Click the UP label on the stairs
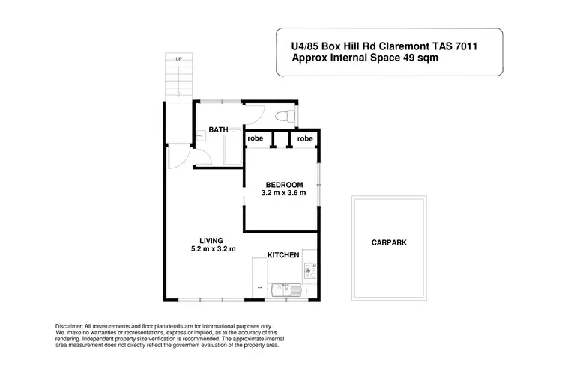(x=178, y=58)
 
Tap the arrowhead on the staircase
(x=178, y=94)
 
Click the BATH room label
(x=218, y=130)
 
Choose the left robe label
(x=256, y=139)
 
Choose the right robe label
(x=305, y=139)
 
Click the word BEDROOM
(x=284, y=185)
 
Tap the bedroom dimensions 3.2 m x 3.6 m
(x=284, y=194)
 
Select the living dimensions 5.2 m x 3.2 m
(x=214, y=249)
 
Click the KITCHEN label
(x=283, y=255)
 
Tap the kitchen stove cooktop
(x=310, y=270)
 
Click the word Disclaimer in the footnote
(x=73, y=327)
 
